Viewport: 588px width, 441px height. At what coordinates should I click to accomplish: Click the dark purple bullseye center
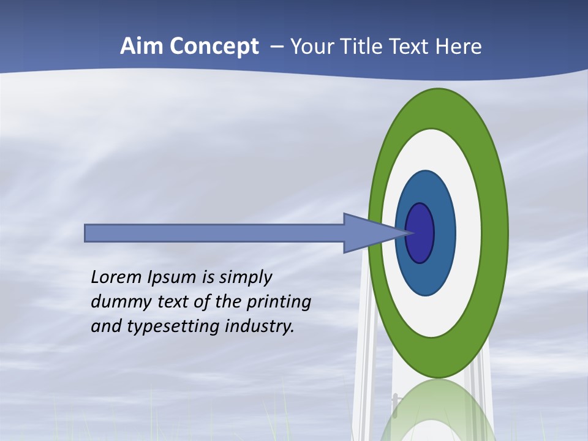coord(420,233)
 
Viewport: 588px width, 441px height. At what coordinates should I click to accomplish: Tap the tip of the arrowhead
coord(409,233)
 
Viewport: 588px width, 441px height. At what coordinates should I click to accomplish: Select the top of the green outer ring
coord(438,108)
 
